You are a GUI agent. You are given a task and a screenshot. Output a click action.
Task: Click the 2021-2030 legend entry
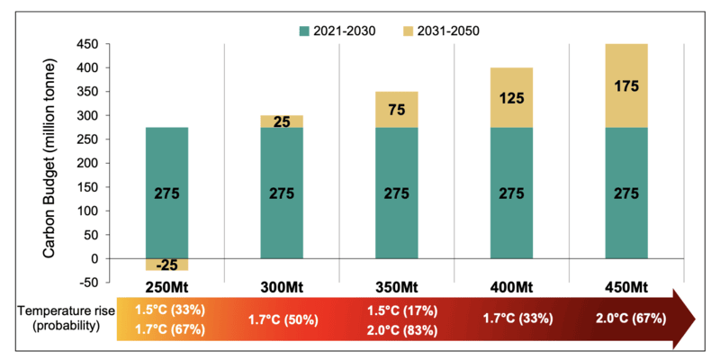click(338, 31)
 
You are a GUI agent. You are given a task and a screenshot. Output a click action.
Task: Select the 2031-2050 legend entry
click(447, 31)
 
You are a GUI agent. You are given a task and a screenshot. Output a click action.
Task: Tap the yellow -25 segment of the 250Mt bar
click(166, 265)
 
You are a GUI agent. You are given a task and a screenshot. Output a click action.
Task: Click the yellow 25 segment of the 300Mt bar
click(282, 121)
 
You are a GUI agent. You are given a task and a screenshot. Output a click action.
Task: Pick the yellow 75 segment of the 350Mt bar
click(396, 109)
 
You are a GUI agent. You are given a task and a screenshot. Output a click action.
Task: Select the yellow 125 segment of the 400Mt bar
click(511, 97)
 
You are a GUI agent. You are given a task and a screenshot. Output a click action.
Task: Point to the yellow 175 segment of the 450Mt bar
click(625, 85)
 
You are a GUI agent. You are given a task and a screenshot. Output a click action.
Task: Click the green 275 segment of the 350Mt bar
click(396, 193)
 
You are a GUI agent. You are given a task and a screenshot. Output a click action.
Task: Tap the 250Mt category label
click(166, 285)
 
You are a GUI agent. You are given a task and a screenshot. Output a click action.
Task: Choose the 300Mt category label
click(282, 285)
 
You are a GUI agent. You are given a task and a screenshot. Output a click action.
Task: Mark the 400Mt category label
click(511, 285)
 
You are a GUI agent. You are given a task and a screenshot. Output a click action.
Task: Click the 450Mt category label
click(625, 285)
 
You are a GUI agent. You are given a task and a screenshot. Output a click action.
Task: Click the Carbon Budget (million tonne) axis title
click(53, 153)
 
